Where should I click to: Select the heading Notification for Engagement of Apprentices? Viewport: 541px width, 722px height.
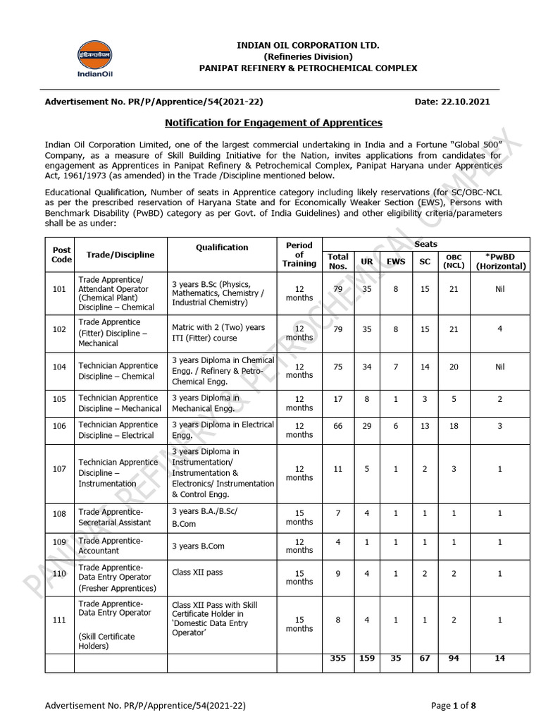pos(273,123)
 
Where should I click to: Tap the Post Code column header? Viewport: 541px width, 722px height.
pos(62,255)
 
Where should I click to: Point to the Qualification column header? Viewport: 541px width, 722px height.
pos(222,247)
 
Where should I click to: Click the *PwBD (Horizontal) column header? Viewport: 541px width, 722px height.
pos(500,261)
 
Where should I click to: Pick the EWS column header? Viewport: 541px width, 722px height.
pos(396,261)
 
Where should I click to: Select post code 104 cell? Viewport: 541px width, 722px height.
pos(59,367)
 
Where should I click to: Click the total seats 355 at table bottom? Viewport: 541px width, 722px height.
pos(337,659)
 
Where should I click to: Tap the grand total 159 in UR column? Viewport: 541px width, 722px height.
pos(367,659)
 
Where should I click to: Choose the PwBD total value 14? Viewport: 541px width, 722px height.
pos(500,659)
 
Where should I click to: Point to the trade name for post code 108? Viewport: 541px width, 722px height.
pos(115,518)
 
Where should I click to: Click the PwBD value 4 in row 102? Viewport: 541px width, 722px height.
pos(500,328)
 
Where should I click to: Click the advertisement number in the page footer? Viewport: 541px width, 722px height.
pos(145,704)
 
